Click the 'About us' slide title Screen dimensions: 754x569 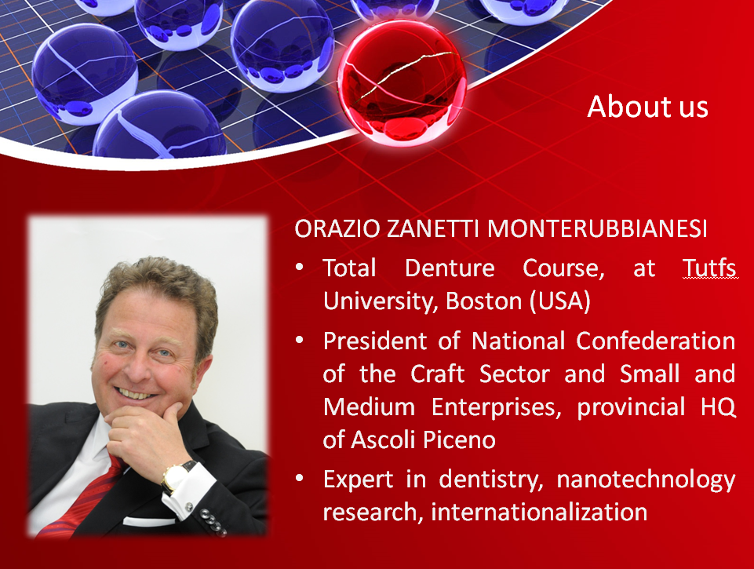tap(647, 106)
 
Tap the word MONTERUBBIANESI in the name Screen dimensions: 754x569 tap(597, 229)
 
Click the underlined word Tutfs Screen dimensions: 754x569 tap(709, 268)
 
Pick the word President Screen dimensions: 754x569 tap(375, 341)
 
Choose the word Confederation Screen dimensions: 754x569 tap(656, 341)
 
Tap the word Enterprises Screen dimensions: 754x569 tap(496, 408)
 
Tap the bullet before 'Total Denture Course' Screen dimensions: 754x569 tap(300, 267)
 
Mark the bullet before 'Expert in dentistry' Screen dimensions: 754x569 tap(300, 478)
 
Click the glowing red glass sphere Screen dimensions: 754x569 tap(402, 82)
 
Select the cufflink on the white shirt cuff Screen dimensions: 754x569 tap(189, 506)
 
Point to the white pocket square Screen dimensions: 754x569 tap(149, 521)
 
